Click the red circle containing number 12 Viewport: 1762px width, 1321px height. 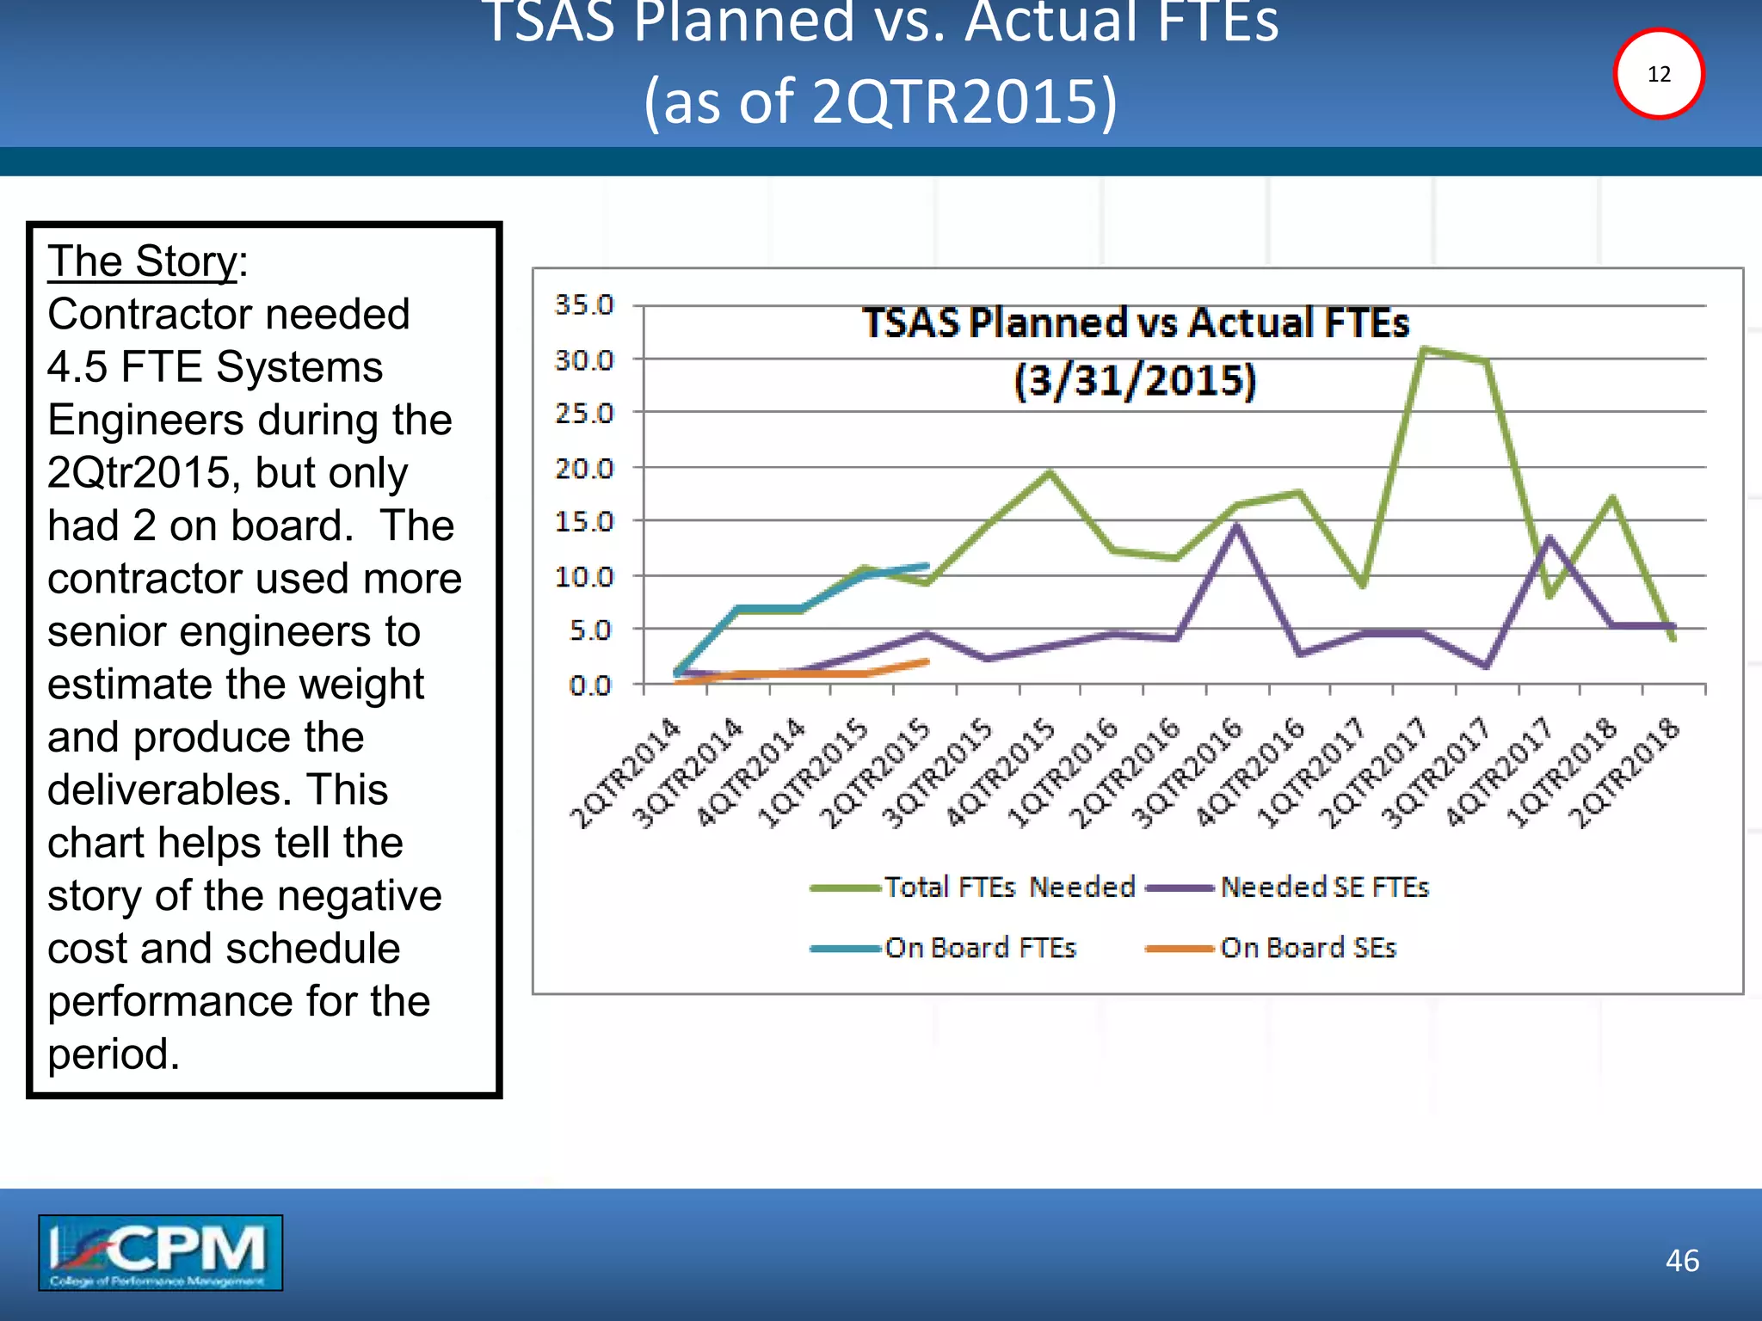[x=1658, y=74]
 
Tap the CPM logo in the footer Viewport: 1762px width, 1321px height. [x=160, y=1252]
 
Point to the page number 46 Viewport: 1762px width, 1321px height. [x=1682, y=1261]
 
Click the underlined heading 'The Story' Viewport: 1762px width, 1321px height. [x=143, y=261]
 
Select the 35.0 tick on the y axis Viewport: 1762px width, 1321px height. [x=584, y=305]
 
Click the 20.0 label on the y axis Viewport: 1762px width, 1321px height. [x=584, y=469]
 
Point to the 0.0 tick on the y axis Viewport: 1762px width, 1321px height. [x=590, y=685]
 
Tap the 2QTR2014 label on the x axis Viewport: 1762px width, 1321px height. [x=626, y=774]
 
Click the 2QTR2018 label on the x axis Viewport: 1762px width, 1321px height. [x=1623, y=774]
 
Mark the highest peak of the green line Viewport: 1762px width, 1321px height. [x=1425, y=349]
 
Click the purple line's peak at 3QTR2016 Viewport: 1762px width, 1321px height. [x=1236, y=525]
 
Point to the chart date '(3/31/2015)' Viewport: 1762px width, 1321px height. [x=1136, y=380]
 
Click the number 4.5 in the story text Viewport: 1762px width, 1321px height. [x=77, y=367]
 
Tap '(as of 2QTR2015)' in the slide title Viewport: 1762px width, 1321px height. [x=881, y=101]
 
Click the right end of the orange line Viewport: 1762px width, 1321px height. [x=927, y=661]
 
